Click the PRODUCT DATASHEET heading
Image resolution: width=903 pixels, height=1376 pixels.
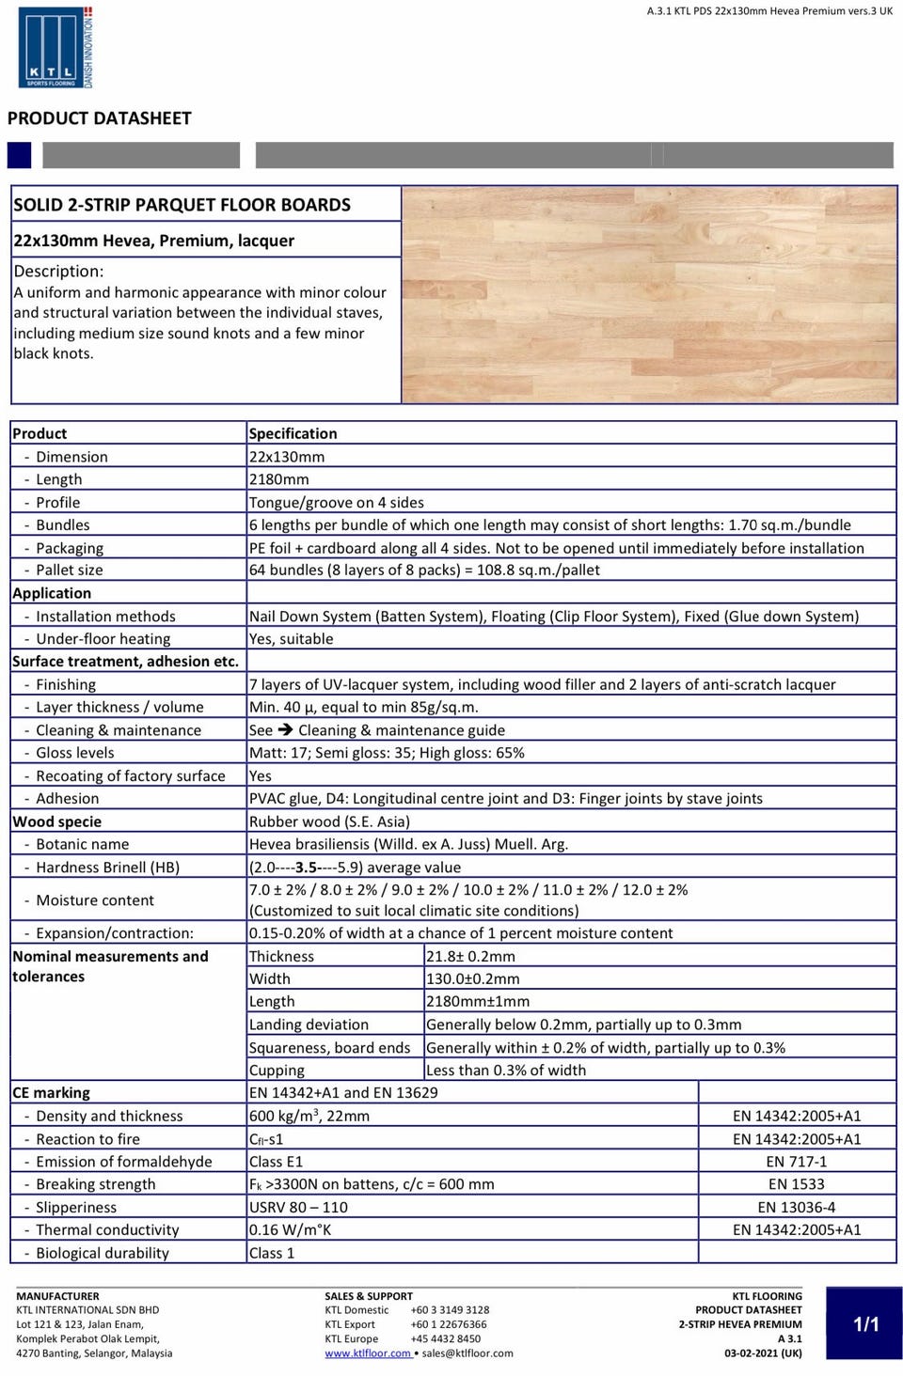tap(99, 118)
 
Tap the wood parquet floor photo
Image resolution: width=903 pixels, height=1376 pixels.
tap(649, 294)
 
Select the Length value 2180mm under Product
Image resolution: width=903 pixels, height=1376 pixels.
tap(278, 479)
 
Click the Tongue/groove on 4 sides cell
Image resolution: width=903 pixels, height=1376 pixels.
tap(336, 503)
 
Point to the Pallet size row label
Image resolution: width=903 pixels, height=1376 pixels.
tap(69, 571)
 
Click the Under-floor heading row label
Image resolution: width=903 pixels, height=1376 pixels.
tap(103, 639)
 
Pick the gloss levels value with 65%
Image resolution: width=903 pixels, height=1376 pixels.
tap(387, 753)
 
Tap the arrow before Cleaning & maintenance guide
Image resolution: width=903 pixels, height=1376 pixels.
tap(285, 730)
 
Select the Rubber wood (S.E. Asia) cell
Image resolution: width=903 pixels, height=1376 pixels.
tap(329, 821)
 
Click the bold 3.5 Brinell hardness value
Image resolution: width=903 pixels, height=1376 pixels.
tap(306, 868)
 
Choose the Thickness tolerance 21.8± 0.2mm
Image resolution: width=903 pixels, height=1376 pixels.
tap(470, 957)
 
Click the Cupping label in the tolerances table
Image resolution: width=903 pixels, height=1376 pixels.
tap(277, 1071)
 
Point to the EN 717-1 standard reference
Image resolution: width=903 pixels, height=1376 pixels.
tap(796, 1162)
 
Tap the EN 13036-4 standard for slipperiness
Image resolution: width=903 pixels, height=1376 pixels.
tap(796, 1208)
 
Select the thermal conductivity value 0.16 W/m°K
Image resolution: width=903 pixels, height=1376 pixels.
tap(290, 1230)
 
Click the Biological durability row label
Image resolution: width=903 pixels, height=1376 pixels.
tap(102, 1253)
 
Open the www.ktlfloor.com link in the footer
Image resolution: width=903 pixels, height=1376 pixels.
tap(368, 1353)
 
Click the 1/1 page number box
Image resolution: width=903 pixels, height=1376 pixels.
tap(865, 1324)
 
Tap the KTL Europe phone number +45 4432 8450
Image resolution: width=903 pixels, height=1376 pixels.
tap(445, 1338)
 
